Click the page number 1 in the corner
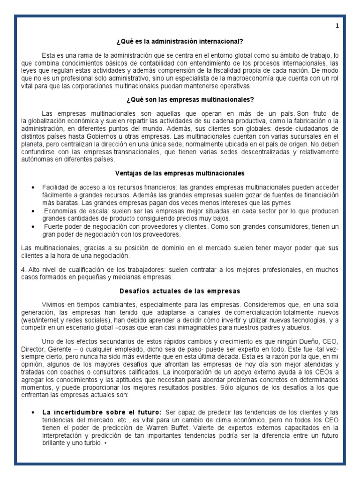coord(337,27)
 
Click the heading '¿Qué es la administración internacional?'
coord(180,41)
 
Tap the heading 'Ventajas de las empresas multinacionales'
coord(180,173)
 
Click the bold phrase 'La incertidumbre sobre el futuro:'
coord(90,412)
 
